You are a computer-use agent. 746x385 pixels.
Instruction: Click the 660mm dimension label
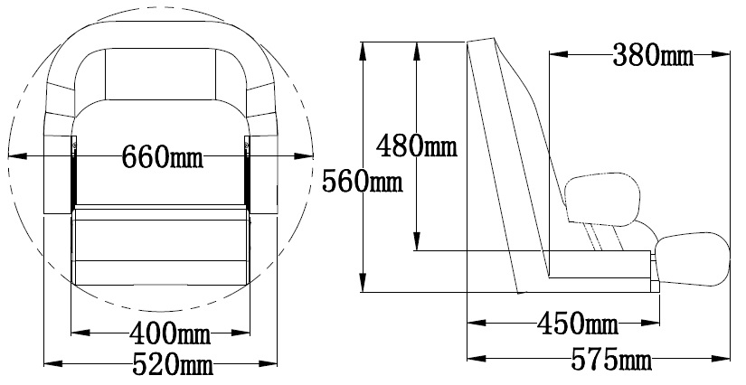(x=163, y=156)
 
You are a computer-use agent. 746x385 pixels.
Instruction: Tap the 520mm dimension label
(x=173, y=364)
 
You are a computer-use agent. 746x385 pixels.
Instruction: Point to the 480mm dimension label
(x=417, y=146)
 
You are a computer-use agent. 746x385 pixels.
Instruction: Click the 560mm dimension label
(x=363, y=181)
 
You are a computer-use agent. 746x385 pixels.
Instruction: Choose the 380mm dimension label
(x=653, y=55)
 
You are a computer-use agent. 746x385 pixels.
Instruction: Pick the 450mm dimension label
(x=578, y=324)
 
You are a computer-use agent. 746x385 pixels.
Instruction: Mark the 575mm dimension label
(x=611, y=360)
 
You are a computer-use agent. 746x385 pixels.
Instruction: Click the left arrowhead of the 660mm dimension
(x=17, y=155)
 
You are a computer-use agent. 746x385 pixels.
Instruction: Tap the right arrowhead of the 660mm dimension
(x=304, y=155)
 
